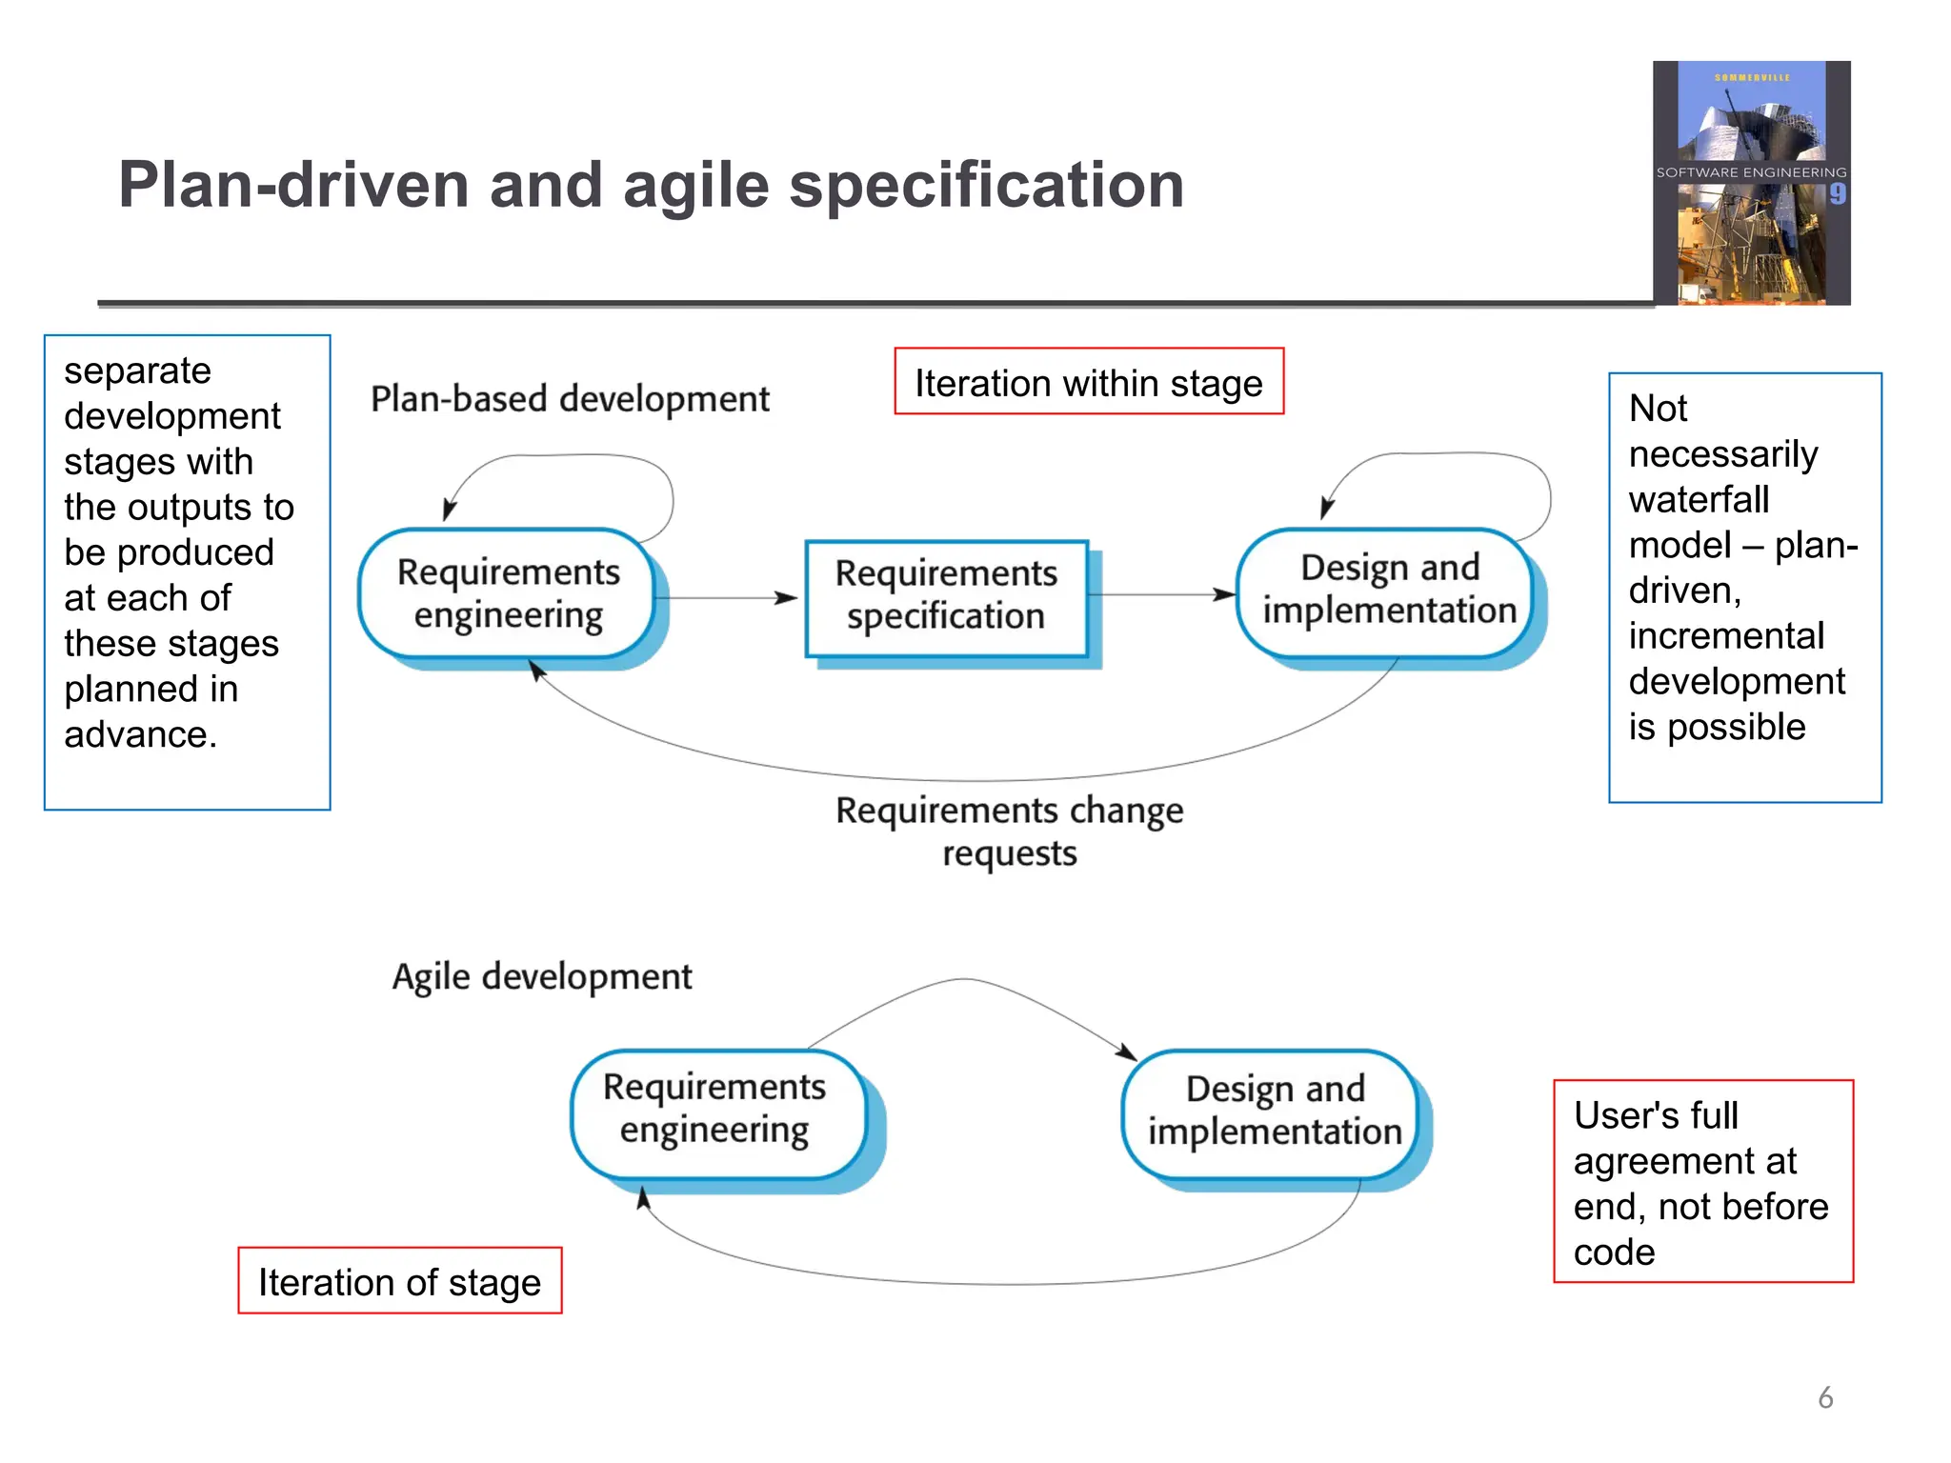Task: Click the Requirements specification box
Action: (946, 596)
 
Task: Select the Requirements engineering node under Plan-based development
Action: (508, 593)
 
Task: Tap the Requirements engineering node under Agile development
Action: (714, 1110)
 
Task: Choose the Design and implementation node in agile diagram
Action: (1275, 1111)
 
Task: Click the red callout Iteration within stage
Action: (1088, 382)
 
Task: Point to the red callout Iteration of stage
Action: (399, 1281)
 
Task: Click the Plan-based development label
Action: (570, 399)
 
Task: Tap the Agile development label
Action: (542, 977)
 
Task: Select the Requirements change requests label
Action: (1009, 831)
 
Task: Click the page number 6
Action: (1825, 1397)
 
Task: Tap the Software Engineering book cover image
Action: (1751, 183)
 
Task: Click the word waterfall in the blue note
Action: (1699, 500)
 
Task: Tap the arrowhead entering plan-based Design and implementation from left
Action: (1225, 594)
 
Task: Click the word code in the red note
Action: (1614, 1252)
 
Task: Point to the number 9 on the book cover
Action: (1838, 194)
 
